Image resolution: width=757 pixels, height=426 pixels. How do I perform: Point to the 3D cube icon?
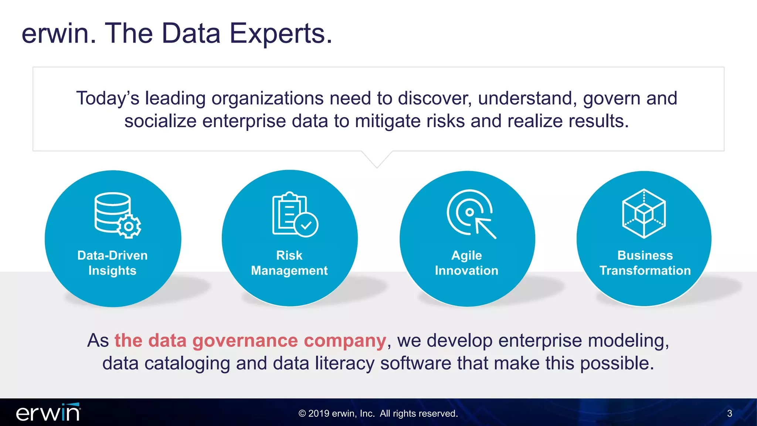644,213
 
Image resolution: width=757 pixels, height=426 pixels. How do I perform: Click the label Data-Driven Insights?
112,263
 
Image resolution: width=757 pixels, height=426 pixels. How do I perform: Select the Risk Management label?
289,263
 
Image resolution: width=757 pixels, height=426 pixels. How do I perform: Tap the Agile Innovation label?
466,263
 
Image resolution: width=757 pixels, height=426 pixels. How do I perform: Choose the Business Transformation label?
645,263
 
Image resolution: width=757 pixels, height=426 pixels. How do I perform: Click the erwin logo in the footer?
48,413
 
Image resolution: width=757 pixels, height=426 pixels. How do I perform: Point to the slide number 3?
729,413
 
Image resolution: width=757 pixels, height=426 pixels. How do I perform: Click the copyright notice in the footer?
378,413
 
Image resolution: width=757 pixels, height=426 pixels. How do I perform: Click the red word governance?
245,341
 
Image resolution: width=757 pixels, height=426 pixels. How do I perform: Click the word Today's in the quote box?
108,99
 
